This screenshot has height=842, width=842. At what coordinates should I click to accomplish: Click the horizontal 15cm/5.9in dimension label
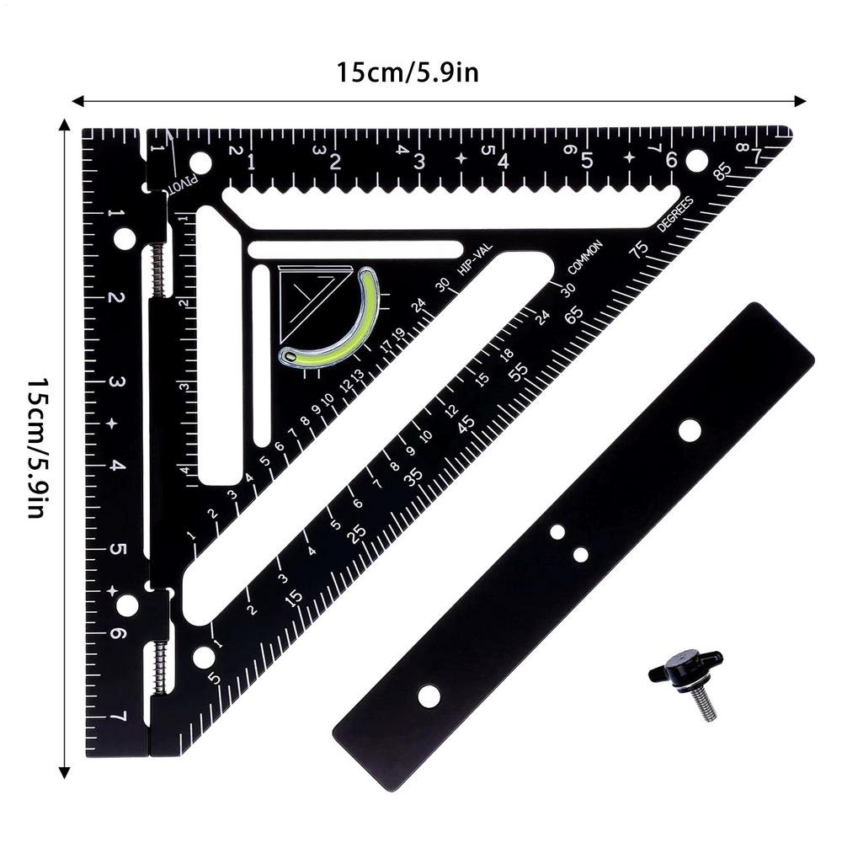[x=408, y=72]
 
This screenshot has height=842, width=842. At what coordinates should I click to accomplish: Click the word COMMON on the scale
[x=586, y=257]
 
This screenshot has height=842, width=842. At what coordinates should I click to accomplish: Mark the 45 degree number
[x=465, y=423]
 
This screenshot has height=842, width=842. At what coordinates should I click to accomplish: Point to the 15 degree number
[x=293, y=598]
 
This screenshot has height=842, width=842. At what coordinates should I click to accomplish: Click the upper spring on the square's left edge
[x=157, y=270]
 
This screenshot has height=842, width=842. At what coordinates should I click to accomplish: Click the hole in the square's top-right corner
[x=695, y=159]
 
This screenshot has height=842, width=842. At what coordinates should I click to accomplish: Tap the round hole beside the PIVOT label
[x=200, y=163]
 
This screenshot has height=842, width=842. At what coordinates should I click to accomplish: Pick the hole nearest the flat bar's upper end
[x=690, y=430]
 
